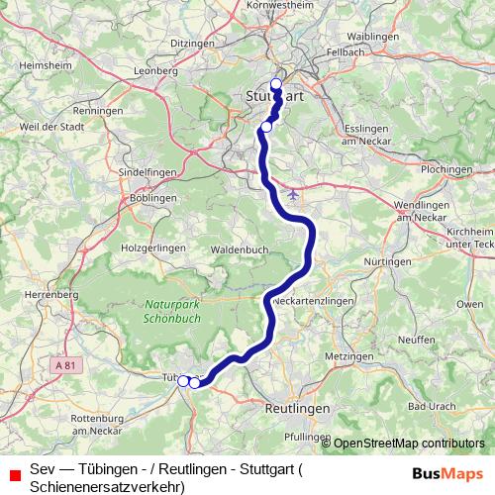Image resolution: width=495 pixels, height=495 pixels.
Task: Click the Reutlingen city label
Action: click(297, 407)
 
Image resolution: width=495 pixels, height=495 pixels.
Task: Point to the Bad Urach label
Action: click(431, 406)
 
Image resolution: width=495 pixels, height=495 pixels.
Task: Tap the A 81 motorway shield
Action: click(65, 365)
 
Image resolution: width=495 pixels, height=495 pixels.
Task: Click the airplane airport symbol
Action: click(293, 193)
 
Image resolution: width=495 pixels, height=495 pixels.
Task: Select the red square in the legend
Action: click(14, 473)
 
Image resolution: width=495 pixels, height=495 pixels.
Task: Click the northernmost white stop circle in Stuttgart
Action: click(276, 84)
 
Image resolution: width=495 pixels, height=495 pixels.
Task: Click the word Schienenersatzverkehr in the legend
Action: click(107, 486)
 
